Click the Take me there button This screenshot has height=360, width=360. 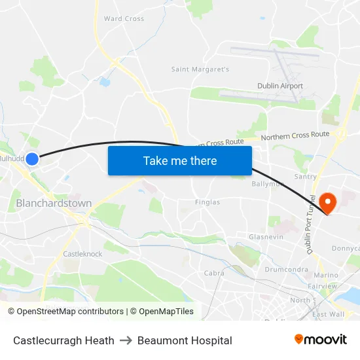[180, 160]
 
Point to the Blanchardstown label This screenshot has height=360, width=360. [54, 204]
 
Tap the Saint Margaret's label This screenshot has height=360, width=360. [200, 69]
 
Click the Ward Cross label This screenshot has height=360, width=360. [124, 19]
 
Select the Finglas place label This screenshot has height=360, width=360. [207, 202]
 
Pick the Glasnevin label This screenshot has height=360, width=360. [266, 237]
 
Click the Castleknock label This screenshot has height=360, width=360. [82, 253]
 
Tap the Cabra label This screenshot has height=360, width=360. [214, 273]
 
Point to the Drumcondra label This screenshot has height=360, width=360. [287, 269]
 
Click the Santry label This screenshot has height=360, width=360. [306, 177]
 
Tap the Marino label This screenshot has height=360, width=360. [326, 276]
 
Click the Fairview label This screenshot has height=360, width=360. [323, 286]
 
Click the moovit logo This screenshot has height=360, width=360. [321, 340]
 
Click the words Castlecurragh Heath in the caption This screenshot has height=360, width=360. [63, 340]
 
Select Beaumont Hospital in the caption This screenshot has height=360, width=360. [185, 340]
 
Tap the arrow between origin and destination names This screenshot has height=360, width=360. [126, 340]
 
